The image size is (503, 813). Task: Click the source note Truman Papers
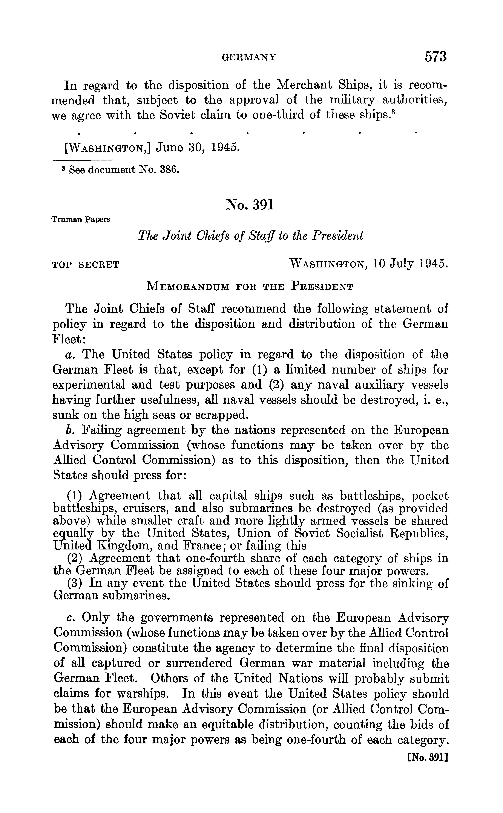(x=81, y=220)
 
